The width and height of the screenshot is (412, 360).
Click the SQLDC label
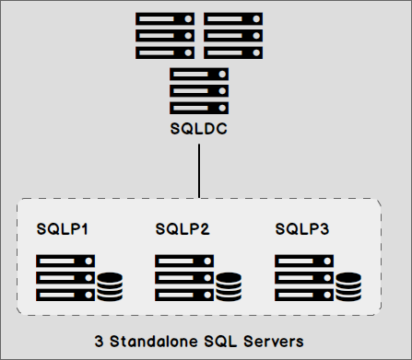click(199, 129)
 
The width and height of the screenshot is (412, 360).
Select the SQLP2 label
click(182, 228)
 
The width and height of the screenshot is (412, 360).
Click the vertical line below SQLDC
click(199, 170)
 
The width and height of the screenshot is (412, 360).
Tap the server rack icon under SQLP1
click(65, 277)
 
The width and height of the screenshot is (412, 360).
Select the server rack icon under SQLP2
click(185, 277)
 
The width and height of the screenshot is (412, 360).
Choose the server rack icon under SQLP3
click(305, 277)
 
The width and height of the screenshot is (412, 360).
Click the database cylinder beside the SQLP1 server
click(110, 286)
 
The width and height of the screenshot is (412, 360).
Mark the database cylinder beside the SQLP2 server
click(230, 286)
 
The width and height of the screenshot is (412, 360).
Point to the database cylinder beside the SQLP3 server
click(348, 286)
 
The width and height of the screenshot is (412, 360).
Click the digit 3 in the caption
click(99, 341)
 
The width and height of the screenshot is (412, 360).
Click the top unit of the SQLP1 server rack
click(65, 261)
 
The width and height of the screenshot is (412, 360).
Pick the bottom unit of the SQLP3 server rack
click(305, 294)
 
